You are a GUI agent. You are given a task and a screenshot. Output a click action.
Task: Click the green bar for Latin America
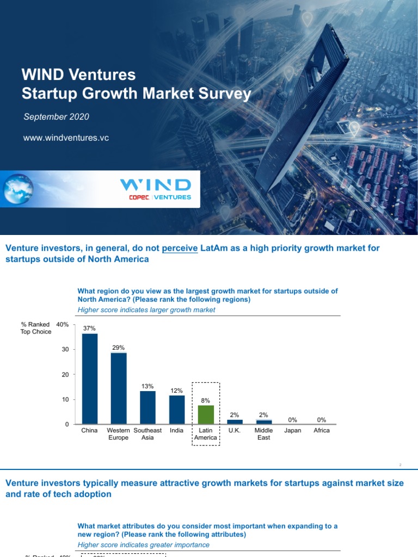206,414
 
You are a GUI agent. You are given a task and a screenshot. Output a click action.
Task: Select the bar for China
89,379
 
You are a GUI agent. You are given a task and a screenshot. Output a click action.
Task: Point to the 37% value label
89,328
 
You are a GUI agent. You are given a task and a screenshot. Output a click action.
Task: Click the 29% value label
119,348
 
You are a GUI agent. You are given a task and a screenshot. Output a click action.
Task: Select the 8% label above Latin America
206,400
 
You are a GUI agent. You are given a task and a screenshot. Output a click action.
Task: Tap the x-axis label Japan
293,430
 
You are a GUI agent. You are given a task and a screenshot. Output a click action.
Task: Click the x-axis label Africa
322,430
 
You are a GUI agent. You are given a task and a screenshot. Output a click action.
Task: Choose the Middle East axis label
263,434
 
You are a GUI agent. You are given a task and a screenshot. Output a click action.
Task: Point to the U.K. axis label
235,430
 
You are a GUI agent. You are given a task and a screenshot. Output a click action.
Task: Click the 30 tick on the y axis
65,350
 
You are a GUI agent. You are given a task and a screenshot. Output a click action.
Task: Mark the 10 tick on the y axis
65,400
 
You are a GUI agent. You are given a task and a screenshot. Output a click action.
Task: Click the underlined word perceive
180,248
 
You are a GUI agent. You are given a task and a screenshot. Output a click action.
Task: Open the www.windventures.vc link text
66,138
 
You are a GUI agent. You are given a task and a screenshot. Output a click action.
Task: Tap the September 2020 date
56,117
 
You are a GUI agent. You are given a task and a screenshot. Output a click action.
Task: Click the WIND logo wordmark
155,185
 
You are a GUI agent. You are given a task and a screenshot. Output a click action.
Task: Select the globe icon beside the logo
17,188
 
